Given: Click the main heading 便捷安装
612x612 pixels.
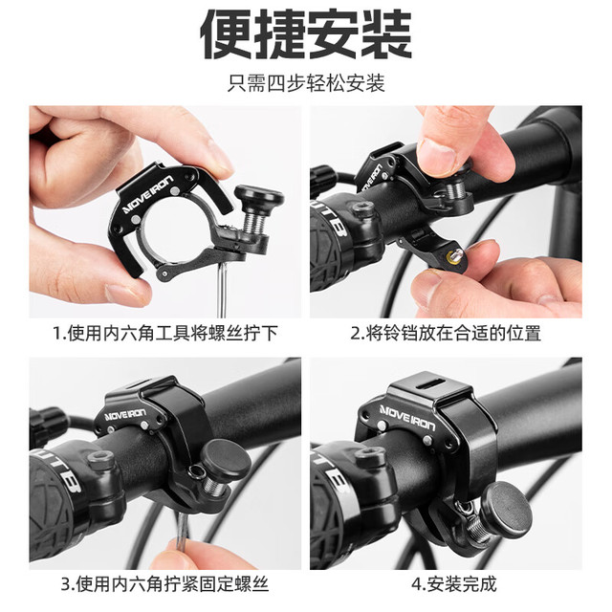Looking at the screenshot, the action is pos(306,34).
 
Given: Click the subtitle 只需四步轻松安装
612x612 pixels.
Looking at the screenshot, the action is pos(306,83).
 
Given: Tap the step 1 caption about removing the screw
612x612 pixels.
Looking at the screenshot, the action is pos(165,334).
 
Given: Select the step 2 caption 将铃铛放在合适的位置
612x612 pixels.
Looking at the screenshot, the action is pos(446,334).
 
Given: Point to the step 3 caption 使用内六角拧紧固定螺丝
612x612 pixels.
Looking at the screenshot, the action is pos(165,584).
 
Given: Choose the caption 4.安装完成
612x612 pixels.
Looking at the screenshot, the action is pos(454,584).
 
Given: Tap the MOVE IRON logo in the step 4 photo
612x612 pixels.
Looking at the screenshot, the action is pos(408,418).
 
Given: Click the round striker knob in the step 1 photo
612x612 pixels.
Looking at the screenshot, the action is pos(259,196).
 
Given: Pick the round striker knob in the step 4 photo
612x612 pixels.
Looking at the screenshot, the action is pos(507,508).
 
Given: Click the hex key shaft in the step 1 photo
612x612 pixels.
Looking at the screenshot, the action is pos(221,289).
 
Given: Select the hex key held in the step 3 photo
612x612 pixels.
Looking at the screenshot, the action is pos(181,531).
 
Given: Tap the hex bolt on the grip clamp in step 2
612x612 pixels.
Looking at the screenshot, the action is pos(364,208).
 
